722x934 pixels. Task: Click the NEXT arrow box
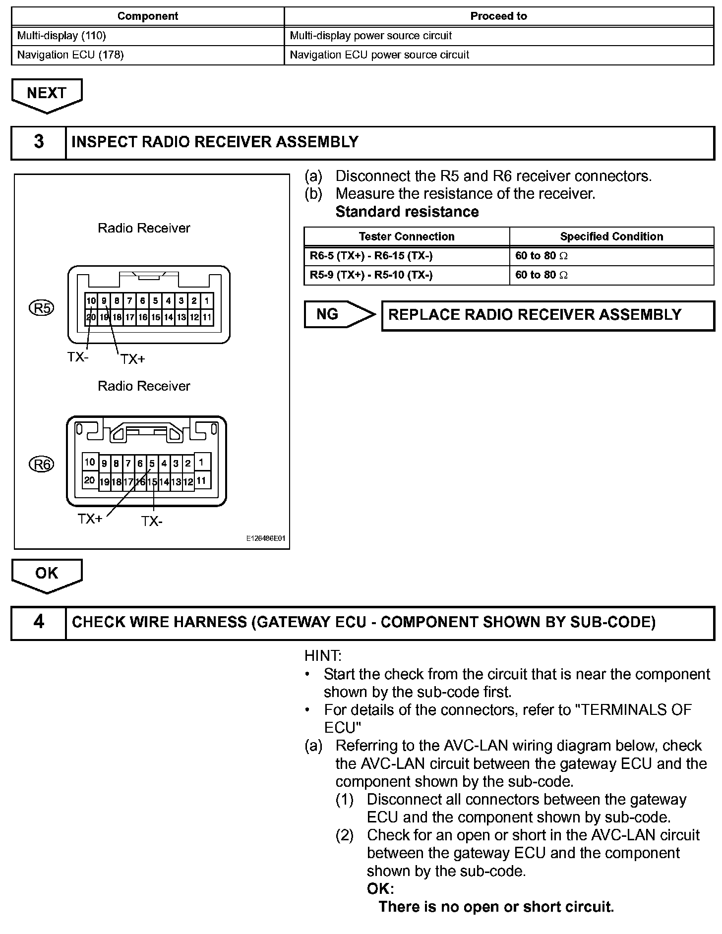pos(47,93)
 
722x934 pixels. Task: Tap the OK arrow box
pos(47,574)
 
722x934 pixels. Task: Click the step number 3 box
pos(39,142)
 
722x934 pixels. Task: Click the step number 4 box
pos(39,622)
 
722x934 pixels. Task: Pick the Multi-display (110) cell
pos(148,36)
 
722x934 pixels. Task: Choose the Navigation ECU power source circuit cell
pos(498,55)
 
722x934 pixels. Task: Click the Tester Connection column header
pos(407,236)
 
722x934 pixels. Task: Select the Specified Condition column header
pos(611,236)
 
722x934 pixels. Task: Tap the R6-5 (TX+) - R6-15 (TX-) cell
pos(407,256)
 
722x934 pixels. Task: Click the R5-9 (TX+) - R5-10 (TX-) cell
pos(407,275)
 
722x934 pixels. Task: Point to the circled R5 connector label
pos(42,308)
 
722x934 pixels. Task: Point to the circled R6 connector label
pos(42,465)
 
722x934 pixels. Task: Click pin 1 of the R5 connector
pos(207,301)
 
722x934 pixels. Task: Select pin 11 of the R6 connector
pos(201,480)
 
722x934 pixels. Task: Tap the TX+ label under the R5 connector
pos(132,359)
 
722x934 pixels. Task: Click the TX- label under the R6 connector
pos(152,522)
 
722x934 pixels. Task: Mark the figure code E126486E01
pos(266,539)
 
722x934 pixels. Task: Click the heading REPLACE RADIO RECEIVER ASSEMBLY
pos(535,315)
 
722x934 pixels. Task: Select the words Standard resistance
pos(407,212)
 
